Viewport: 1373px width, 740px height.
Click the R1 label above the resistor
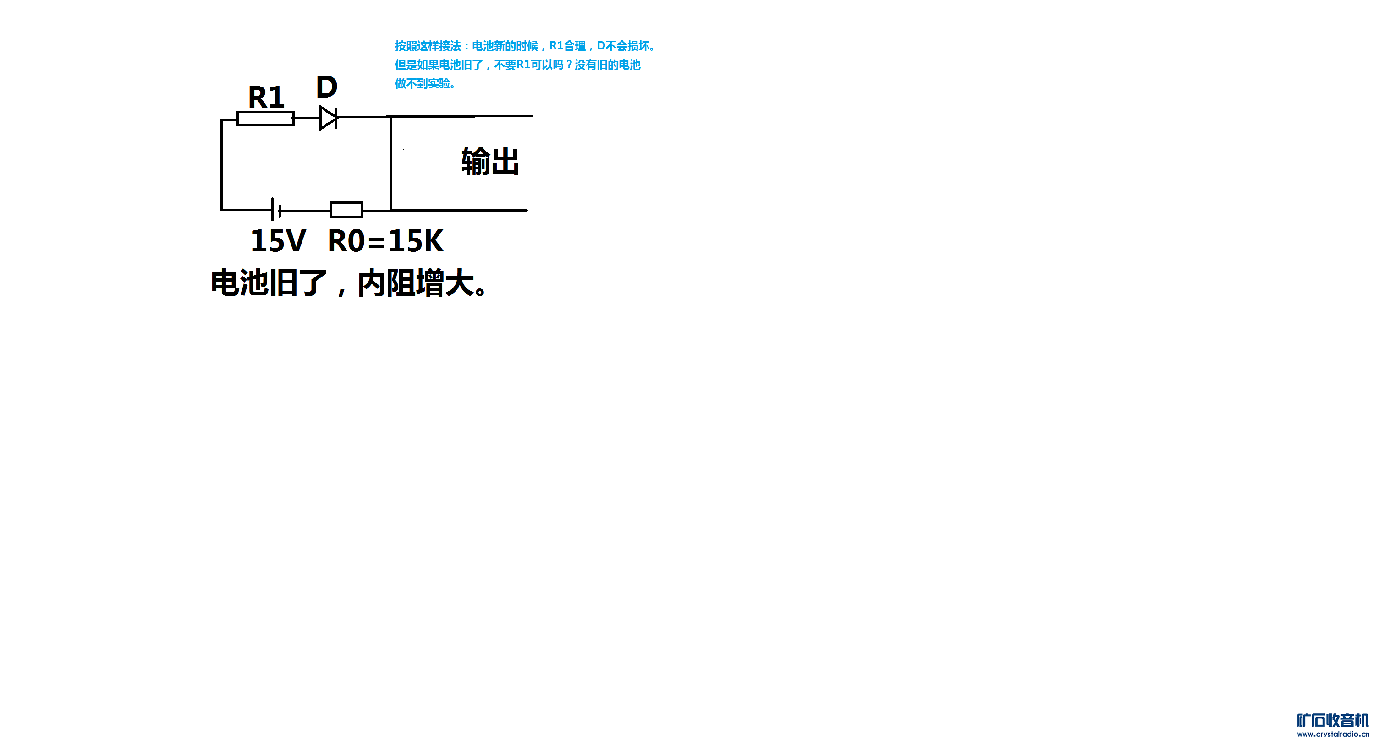coord(266,98)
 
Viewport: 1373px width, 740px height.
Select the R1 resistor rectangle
coord(265,118)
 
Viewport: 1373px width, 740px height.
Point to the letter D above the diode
coord(327,87)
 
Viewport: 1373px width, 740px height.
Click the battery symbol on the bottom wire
coord(275,209)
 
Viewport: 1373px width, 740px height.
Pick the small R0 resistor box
coord(346,210)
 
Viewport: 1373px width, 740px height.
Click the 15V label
coord(278,241)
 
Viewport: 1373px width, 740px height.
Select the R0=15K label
coord(385,241)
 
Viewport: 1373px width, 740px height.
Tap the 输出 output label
coord(490,162)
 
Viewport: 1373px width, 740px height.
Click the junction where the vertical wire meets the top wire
coord(391,117)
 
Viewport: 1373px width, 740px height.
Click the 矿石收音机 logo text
coord(1333,720)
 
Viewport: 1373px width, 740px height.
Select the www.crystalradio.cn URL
coord(1333,734)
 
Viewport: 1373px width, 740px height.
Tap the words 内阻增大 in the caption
coord(416,283)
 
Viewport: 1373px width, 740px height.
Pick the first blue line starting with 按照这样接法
coord(525,46)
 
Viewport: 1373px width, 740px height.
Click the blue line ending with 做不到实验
coord(425,84)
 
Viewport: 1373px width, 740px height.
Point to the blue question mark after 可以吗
coord(569,65)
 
